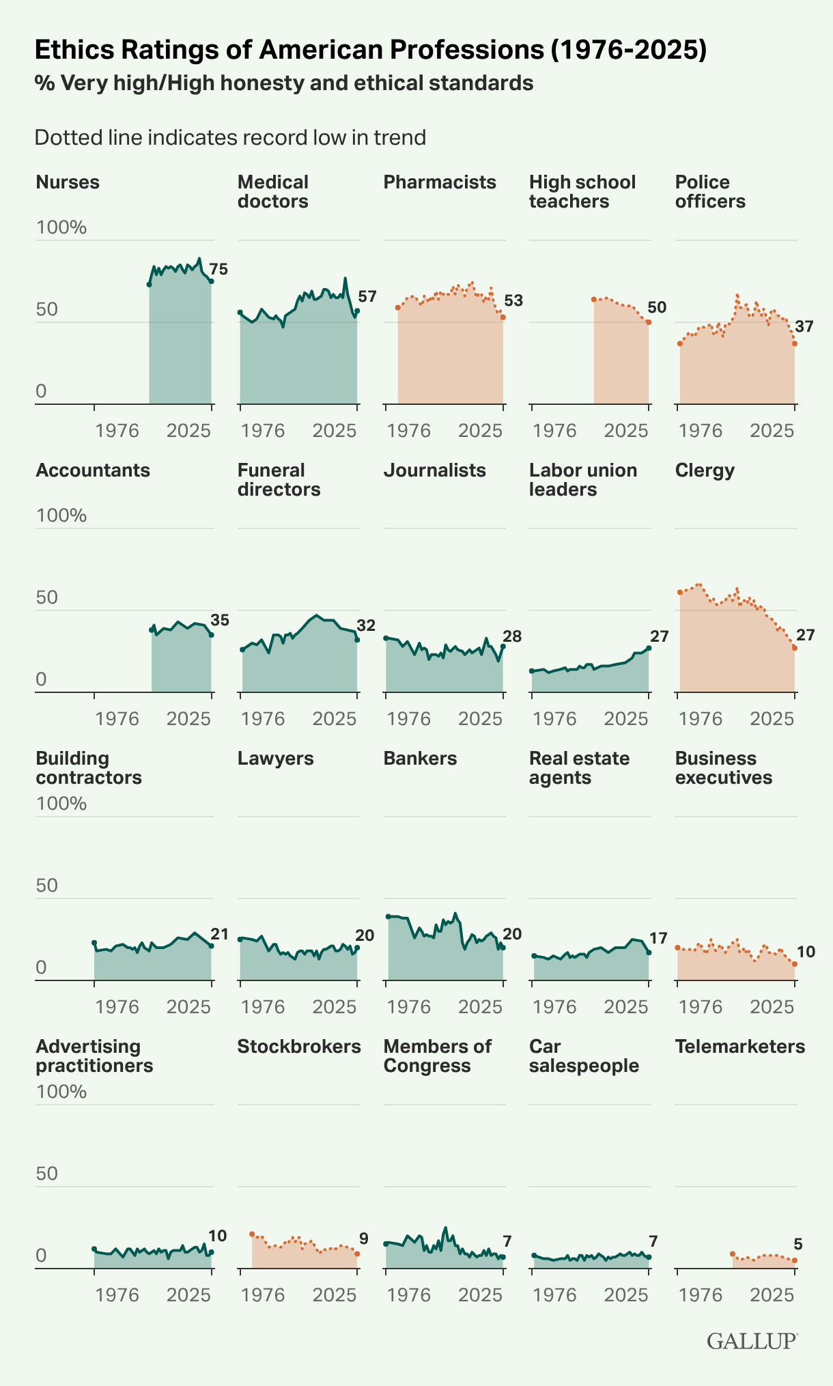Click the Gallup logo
[752, 1341]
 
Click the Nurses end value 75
[218, 269]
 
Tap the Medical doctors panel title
[273, 192]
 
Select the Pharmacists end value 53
[513, 300]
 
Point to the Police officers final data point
[795, 343]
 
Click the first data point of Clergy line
[679, 592]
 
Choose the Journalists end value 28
[512, 636]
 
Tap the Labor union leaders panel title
[583, 480]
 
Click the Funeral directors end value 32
[366, 625]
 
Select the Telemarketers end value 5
[798, 1244]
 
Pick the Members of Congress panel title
[437, 1056]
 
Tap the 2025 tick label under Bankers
[480, 1007]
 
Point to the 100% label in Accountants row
[61, 515]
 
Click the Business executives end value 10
[806, 952]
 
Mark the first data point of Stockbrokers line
[252, 1234]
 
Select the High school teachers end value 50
[657, 307]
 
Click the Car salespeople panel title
[584, 1056]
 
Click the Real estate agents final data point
[649, 952]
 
